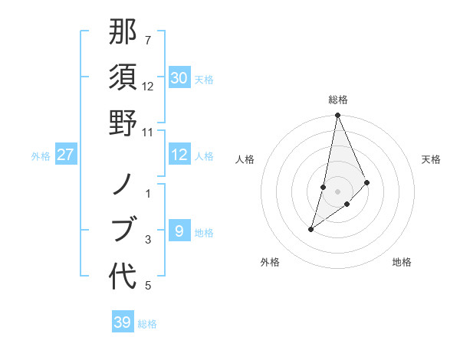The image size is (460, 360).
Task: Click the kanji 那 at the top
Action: tap(123, 32)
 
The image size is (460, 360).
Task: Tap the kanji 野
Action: tap(123, 123)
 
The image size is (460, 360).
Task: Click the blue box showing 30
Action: tap(179, 77)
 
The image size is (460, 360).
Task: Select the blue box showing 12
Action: tap(179, 155)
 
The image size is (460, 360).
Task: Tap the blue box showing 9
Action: tap(179, 231)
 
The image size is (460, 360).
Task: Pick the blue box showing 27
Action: tap(65, 155)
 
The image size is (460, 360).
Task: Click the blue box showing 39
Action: tap(122, 322)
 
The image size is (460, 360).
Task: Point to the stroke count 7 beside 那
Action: tap(147, 39)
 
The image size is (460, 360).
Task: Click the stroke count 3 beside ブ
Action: tap(147, 240)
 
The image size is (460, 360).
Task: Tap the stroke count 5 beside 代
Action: tap(147, 286)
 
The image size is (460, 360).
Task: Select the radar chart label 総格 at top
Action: tap(338, 100)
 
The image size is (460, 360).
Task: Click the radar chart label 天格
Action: tap(431, 159)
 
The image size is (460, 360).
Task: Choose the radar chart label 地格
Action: tap(402, 262)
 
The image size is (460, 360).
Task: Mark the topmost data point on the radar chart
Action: tap(338, 116)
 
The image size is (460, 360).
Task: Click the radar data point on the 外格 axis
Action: tap(310, 229)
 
